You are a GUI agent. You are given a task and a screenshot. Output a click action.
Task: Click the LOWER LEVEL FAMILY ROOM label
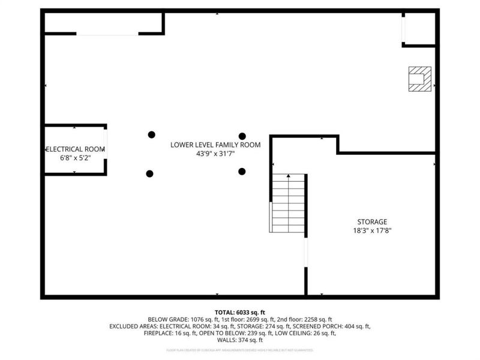tap(215, 145)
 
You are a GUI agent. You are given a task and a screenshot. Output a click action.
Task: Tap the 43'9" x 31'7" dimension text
tap(215, 154)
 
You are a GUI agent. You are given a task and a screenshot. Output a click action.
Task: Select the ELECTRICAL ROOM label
tap(76, 149)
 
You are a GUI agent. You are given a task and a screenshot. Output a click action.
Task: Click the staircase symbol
tap(289, 204)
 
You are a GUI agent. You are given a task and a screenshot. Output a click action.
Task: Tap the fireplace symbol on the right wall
tap(419, 79)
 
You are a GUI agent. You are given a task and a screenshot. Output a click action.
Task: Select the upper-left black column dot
tap(152, 134)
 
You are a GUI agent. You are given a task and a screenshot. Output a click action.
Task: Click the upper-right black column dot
tap(242, 136)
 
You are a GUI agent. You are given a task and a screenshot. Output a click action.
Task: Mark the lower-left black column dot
tap(149, 173)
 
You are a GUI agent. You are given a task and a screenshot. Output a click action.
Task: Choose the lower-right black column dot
tap(242, 172)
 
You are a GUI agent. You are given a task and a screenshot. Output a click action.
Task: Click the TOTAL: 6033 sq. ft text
tap(239, 312)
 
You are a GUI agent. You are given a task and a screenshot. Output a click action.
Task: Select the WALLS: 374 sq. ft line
tap(239, 340)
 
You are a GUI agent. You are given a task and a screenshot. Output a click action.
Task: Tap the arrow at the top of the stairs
tap(289, 176)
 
